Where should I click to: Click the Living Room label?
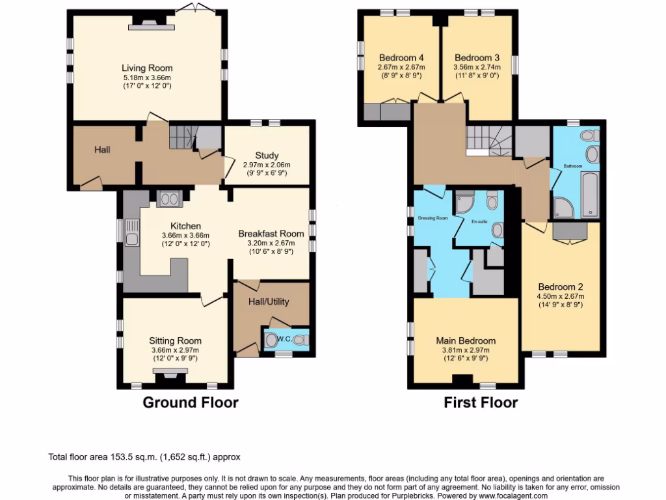click(x=148, y=68)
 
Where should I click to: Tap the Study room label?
click(x=267, y=156)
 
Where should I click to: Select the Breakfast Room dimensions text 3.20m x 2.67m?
click(x=271, y=243)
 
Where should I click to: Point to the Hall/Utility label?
click(x=269, y=301)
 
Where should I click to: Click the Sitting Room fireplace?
click(x=169, y=373)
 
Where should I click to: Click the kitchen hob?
click(x=168, y=199)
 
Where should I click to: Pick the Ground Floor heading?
click(x=191, y=402)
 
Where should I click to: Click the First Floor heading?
click(x=481, y=402)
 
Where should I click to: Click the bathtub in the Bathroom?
click(x=589, y=194)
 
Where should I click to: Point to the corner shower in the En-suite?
click(x=465, y=204)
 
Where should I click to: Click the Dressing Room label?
click(x=433, y=218)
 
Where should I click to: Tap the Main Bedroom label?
click(x=466, y=340)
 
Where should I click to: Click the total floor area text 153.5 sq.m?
click(x=145, y=457)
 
